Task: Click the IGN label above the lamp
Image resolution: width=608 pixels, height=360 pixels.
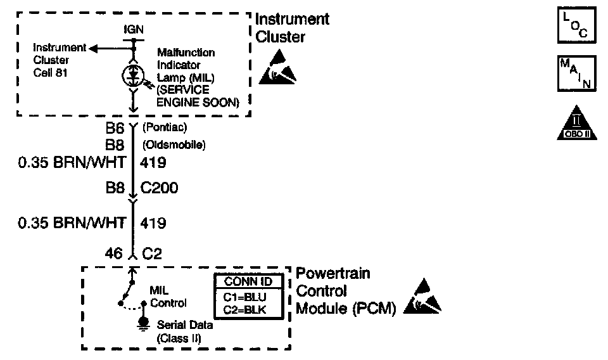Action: (133, 30)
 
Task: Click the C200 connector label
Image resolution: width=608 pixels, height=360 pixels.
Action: (160, 188)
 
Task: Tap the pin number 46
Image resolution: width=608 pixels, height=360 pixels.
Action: (115, 254)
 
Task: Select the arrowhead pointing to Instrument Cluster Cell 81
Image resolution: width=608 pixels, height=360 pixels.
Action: (92, 48)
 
